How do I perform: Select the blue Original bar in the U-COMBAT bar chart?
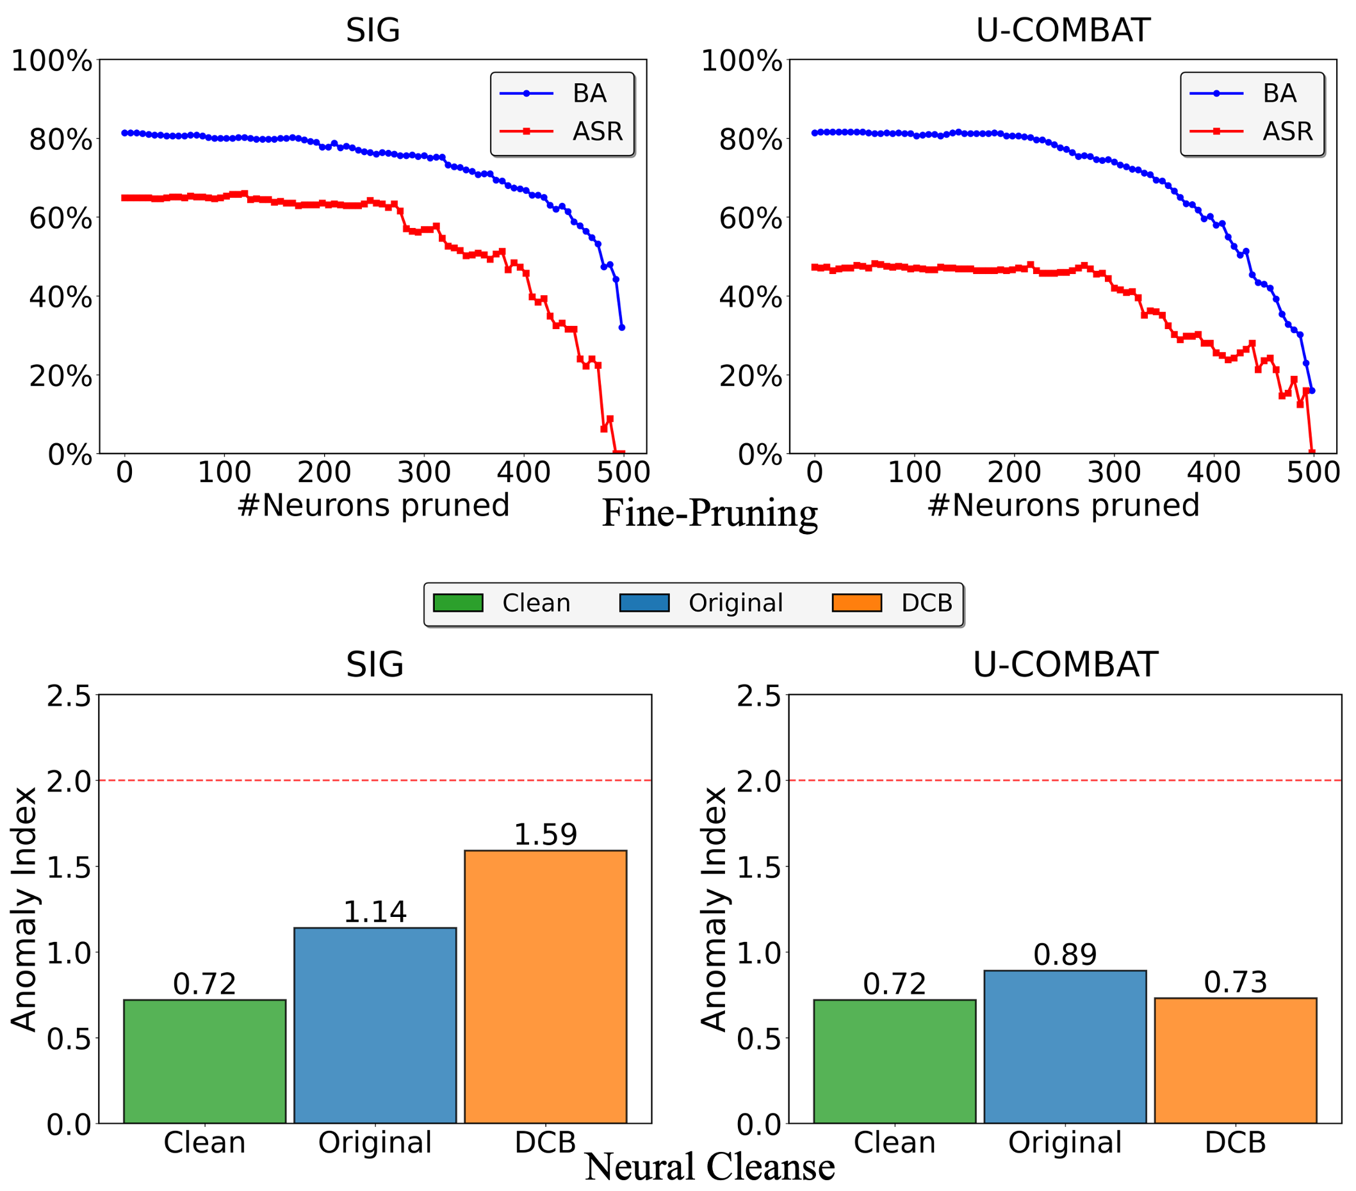pyautogui.click(x=1065, y=1047)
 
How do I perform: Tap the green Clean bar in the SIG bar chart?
pyautogui.click(x=204, y=1061)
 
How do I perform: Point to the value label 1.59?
pyautogui.click(x=545, y=834)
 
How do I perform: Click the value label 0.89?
pyautogui.click(x=1065, y=954)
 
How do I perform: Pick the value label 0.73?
pyautogui.click(x=1235, y=982)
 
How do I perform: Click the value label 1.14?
pyautogui.click(x=375, y=912)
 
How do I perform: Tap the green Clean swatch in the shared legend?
pyautogui.click(x=458, y=603)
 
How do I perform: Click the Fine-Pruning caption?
pyautogui.click(x=709, y=514)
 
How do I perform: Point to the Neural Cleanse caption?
pyautogui.click(x=709, y=1167)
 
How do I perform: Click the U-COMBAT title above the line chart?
pyautogui.click(x=1063, y=30)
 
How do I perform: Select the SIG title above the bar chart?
pyautogui.click(x=374, y=665)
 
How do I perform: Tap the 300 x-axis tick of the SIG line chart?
pyautogui.click(x=424, y=473)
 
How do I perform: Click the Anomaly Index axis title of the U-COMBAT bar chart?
pyautogui.click(x=714, y=909)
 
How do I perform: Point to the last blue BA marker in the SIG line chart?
pyautogui.click(x=621, y=328)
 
